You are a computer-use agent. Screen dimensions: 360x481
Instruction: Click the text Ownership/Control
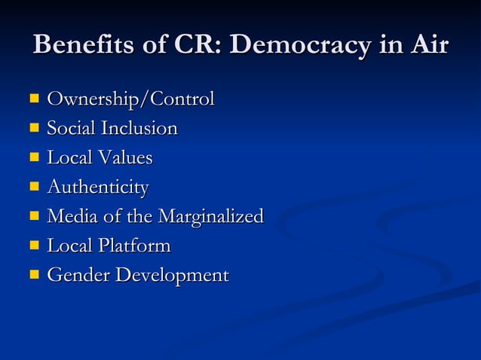[x=130, y=99]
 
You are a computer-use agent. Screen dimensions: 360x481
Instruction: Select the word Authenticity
[x=98, y=188]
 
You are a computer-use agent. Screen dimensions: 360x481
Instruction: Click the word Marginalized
[x=210, y=217]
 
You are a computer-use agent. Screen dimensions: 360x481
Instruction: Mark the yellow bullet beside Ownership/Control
[x=34, y=99]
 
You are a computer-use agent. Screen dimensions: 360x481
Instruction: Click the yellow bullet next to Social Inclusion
[x=34, y=128]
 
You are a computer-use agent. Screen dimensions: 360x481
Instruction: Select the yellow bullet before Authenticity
[x=34, y=187]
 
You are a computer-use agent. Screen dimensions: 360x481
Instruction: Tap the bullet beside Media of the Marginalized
[x=34, y=217]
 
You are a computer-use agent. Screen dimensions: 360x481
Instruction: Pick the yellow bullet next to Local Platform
[x=34, y=246]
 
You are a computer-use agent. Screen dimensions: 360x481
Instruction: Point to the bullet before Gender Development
[x=34, y=276]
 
